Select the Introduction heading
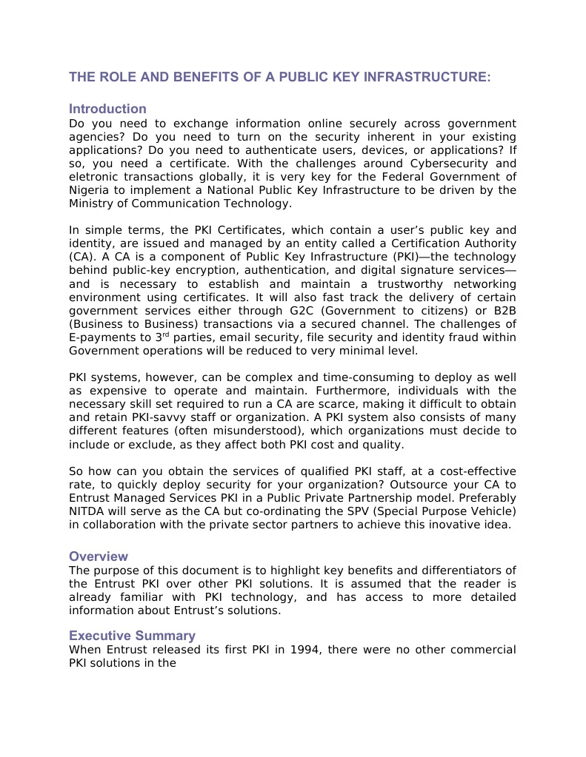(107, 109)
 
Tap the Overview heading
(99, 556)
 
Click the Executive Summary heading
(132, 636)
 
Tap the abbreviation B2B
(503, 311)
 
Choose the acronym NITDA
(88, 512)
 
